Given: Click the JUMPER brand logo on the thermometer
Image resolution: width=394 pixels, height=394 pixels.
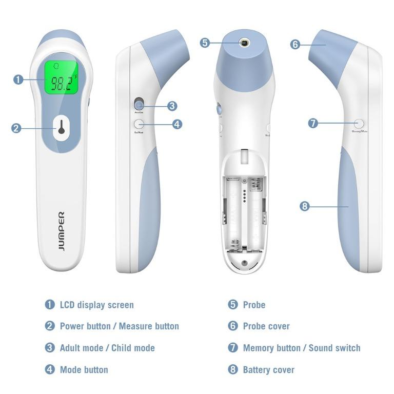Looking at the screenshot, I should pyautogui.click(x=61, y=231).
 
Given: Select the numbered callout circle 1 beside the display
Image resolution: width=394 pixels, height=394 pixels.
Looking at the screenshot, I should pyautogui.click(x=18, y=80).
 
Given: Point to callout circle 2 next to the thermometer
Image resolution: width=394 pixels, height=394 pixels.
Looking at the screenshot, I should pyautogui.click(x=16, y=128).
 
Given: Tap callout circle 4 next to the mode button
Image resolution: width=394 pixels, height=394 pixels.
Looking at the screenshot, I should pyautogui.click(x=177, y=124).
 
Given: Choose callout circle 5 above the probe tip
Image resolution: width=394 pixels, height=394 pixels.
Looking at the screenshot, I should pyautogui.click(x=205, y=43).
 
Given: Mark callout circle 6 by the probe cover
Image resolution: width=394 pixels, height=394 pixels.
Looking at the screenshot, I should pyautogui.click(x=295, y=45).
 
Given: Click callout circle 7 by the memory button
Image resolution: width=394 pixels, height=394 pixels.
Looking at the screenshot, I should pyautogui.click(x=313, y=123).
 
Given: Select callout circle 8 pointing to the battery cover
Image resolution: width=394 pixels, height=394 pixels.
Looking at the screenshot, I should pyautogui.click(x=305, y=206).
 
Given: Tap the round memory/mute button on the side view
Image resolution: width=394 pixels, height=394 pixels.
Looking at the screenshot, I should pyautogui.click(x=359, y=123).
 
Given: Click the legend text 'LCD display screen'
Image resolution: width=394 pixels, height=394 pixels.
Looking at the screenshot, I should pyautogui.click(x=96, y=305).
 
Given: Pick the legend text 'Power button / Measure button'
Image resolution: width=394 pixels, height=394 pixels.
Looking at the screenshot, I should pyautogui.click(x=119, y=326).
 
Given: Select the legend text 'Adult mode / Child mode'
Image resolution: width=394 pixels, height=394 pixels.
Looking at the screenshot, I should pyautogui.click(x=107, y=348).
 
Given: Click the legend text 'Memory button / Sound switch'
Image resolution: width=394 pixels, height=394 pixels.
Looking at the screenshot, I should pyautogui.click(x=302, y=348).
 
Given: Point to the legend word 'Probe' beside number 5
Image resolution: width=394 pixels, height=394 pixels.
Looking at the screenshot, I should pyautogui.click(x=254, y=305).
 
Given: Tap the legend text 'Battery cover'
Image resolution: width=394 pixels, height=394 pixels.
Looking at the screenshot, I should pyautogui.click(x=268, y=369).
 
